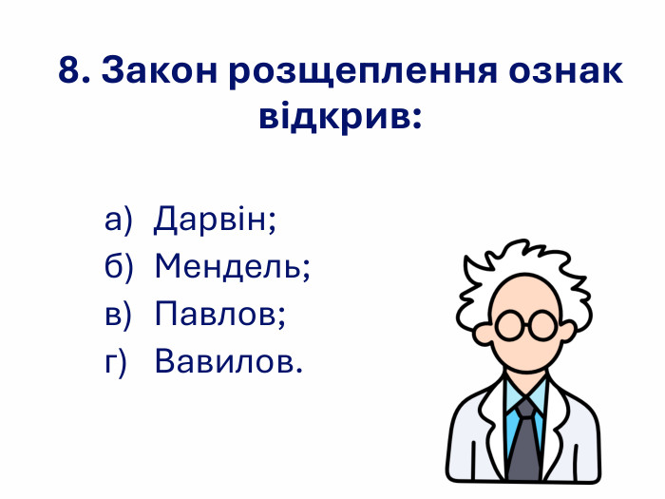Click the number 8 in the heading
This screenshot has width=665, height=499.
pos(69,71)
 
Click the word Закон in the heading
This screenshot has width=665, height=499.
pos(159,71)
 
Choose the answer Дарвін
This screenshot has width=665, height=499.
pos(215,220)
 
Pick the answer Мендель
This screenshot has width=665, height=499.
pos(233,267)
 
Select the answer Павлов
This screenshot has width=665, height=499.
pos(219,315)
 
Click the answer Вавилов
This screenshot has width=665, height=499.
pos(228,362)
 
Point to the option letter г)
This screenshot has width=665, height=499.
pos(115,362)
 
